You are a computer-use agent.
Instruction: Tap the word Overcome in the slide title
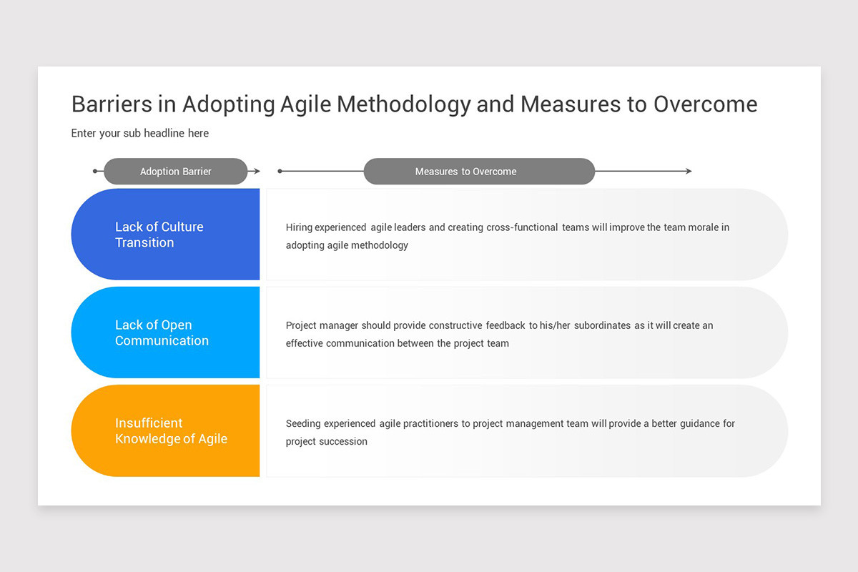click(705, 104)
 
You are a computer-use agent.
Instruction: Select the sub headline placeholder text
click(140, 133)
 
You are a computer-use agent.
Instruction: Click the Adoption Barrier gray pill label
click(175, 172)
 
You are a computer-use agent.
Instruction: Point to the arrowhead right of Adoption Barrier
click(256, 172)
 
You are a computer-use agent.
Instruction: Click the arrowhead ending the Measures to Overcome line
click(689, 172)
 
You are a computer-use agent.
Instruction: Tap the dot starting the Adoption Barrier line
click(95, 172)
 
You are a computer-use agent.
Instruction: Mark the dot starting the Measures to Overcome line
click(280, 172)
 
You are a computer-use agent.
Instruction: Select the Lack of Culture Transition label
click(159, 235)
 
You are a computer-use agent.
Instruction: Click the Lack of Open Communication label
click(162, 332)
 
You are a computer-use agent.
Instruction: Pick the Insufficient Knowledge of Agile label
click(171, 430)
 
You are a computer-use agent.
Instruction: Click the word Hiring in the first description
click(299, 227)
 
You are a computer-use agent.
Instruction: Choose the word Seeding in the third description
click(303, 423)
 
